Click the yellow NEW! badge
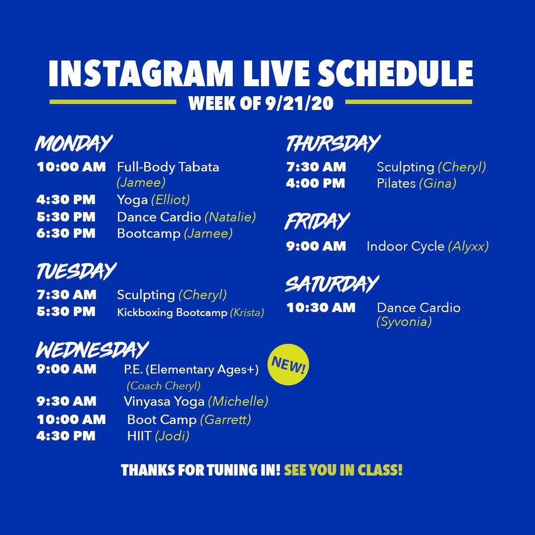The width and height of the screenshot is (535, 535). (288, 365)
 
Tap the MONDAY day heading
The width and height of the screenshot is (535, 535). (74, 143)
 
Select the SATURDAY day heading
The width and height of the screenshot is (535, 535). (332, 284)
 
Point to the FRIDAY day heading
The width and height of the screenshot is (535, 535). (318, 221)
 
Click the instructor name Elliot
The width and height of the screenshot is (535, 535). (170, 200)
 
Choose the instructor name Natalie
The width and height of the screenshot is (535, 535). (230, 217)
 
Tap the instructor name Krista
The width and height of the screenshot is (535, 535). (247, 313)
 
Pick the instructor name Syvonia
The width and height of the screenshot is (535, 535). (404, 322)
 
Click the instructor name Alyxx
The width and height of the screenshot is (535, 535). (468, 246)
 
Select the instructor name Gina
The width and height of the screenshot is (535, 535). (437, 184)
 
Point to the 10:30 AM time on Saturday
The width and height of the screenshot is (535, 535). (321, 308)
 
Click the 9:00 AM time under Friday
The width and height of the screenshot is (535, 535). (316, 246)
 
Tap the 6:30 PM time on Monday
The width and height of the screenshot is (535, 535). (66, 233)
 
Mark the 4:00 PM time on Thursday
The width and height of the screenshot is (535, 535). (316, 183)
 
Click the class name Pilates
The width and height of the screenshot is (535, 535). (396, 184)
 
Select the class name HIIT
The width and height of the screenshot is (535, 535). (139, 436)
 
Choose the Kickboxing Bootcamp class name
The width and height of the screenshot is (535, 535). (172, 313)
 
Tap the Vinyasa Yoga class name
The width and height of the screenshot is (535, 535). (164, 402)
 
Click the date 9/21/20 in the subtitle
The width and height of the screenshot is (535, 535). (300, 103)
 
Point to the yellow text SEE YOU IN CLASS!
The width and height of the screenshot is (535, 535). (343, 470)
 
